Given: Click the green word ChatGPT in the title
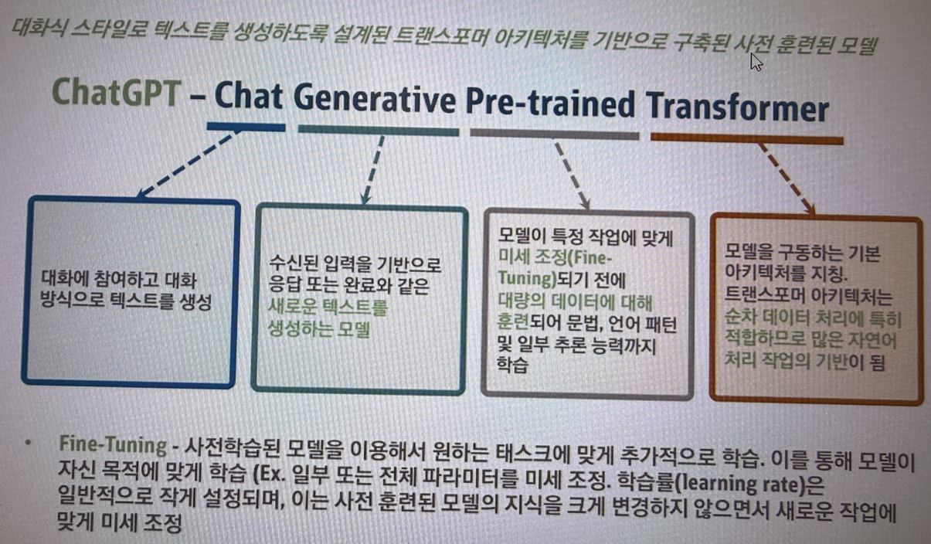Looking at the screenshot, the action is click(x=117, y=92).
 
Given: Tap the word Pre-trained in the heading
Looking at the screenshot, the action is click(x=550, y=104).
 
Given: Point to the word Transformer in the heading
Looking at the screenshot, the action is click(x=737, y=108).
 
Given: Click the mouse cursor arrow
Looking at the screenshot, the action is click(x=756, y=62).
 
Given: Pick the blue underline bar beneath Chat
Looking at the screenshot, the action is click(x=246, y=127).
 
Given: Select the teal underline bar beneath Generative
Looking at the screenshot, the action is click(x=379, y=131).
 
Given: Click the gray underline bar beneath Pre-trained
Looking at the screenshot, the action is click(x=555, y=134).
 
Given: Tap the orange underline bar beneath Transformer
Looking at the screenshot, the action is click(x=747, y=139).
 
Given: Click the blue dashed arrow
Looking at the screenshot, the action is click(x=189, y=164).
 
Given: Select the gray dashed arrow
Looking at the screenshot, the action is click(x=573, y=175).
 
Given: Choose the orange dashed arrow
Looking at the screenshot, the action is click(x=787, y=179).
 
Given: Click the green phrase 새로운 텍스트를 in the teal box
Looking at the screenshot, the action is click(x=328, y=308).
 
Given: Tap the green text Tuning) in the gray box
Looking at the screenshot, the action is click(x=527, y=278).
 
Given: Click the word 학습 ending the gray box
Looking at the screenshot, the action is click(x=512, y=365).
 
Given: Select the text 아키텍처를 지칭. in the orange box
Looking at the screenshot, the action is click(x=786, y=273).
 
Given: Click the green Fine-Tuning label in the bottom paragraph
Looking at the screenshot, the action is click(x=113, y=444).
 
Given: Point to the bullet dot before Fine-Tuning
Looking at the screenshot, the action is click(x=28, y=443).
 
